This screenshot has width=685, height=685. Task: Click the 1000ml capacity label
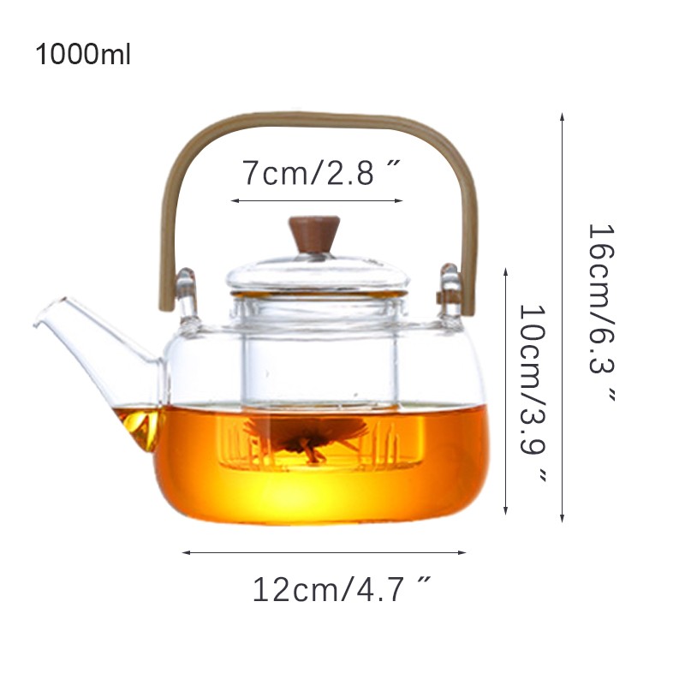[83, 55]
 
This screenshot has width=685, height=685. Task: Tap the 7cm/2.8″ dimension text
[321, 173]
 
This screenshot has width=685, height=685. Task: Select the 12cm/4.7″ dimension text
[342, 590]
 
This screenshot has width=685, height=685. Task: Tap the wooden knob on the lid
[314, 235]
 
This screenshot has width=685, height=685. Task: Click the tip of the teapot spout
[35, 325]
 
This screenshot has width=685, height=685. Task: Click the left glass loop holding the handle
[188, 297]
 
